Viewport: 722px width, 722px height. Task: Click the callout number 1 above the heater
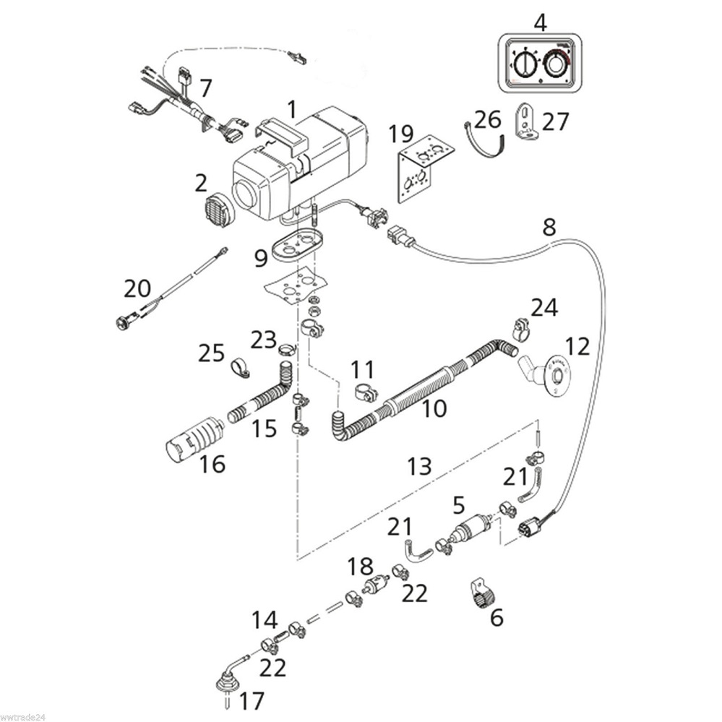coord(291,110)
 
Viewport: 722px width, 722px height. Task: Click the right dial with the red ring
coord(555,64)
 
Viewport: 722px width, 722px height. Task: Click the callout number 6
coord(496,618)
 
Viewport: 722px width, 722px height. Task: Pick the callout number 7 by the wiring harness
coord(206,88)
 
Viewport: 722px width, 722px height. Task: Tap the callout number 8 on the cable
coord(549,228)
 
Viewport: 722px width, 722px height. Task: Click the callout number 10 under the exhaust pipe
coord(434,409)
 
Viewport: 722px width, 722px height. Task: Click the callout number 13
coord(419,466)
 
